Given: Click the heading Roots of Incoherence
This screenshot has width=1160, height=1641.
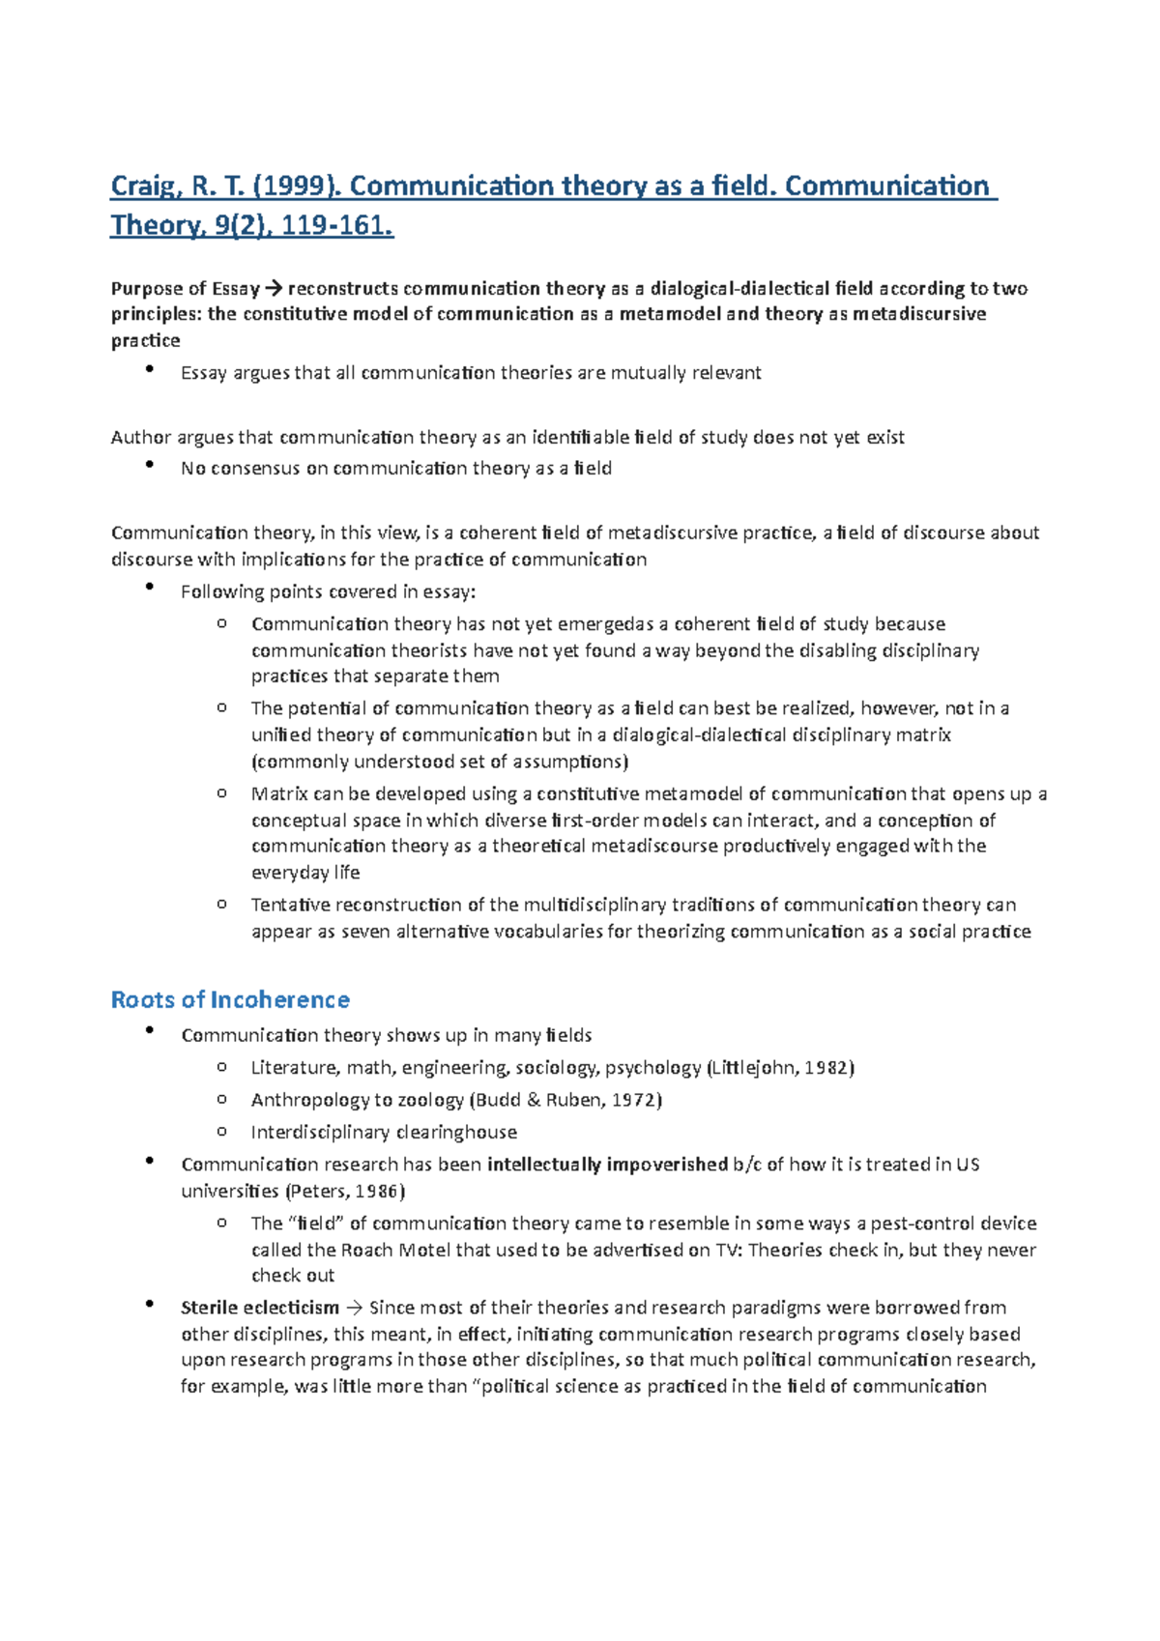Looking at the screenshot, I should coord(230,999).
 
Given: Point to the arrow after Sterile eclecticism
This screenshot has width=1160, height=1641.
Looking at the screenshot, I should coord(354,1309).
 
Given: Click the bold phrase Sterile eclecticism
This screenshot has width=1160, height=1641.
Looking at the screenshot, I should coord(260,1309).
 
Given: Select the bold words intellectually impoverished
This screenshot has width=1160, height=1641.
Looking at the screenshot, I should coord(607,1165).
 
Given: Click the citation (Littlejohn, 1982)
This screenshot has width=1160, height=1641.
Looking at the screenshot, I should coord(781,1068).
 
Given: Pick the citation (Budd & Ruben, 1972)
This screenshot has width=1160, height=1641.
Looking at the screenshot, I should coord(565,1100).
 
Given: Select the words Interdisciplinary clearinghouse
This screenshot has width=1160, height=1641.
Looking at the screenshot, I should coord(384,1132).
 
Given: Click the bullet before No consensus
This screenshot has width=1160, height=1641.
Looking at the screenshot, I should coord(149,465).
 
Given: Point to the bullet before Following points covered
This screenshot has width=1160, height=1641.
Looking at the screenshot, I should coord(149,588).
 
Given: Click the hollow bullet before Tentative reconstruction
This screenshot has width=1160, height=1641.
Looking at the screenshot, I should coord(221,905).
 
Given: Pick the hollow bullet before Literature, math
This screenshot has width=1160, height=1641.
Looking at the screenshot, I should coord(221,1067).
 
